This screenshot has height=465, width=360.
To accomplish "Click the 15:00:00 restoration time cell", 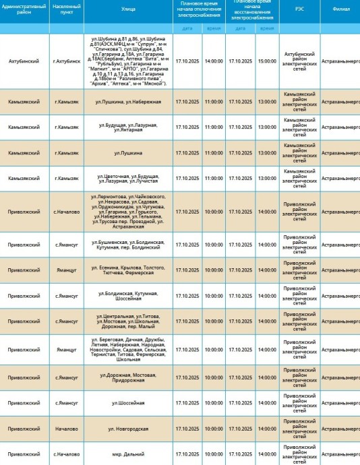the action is pos(267,61).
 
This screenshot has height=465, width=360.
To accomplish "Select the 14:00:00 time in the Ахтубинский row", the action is pos(214,61).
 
